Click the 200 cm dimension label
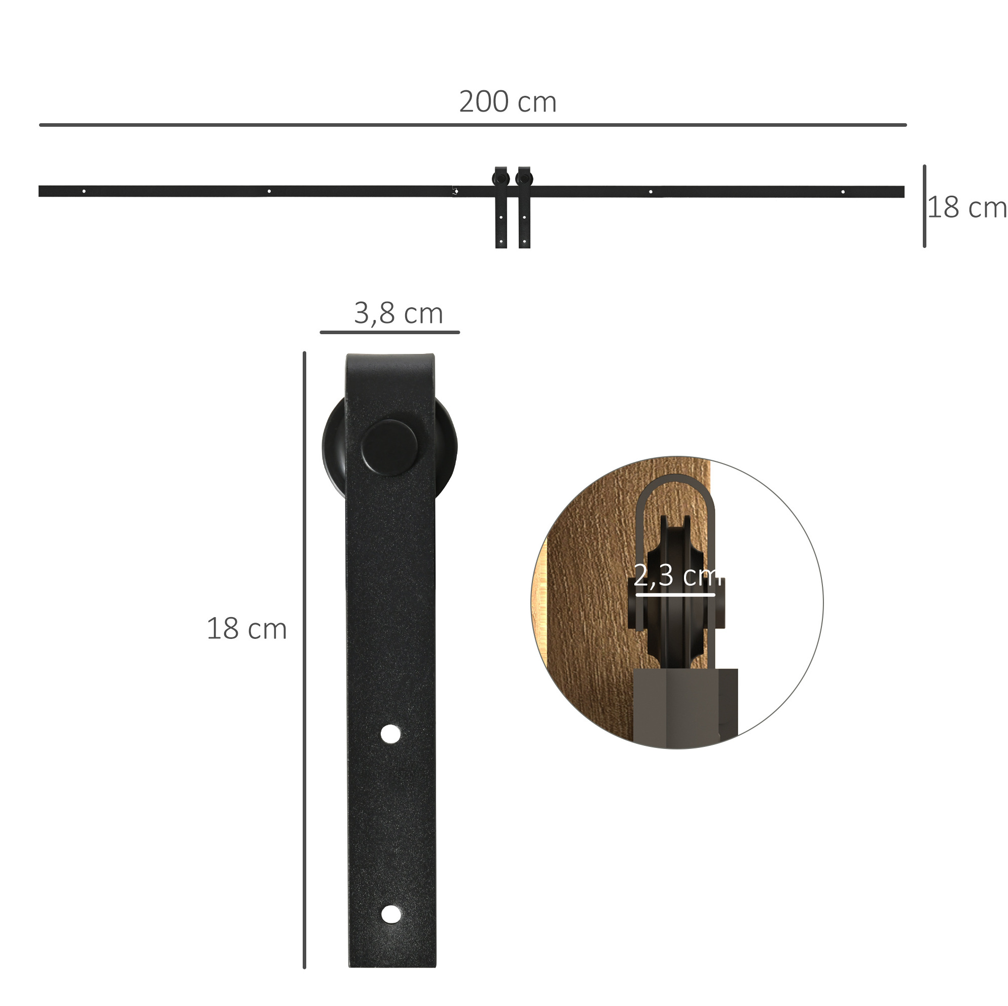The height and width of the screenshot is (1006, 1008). pyautogui.click(x=508, y=102)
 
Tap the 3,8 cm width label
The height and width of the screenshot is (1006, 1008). pyautogui.click(x=399, y=313)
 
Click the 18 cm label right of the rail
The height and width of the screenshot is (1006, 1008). pyautogui.click(x=967, y=208)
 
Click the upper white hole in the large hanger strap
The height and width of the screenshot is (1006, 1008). pyautogui.click(x=391, y=734)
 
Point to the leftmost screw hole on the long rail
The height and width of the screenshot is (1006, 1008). pyautogui.click(x=84, y=192)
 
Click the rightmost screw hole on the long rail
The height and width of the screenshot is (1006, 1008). pyautogui.click(x=843, y=192)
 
